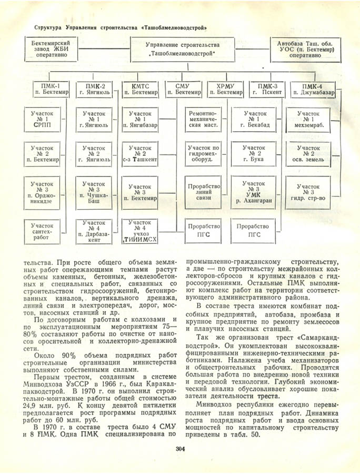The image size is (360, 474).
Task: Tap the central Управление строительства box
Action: point(183,49)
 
